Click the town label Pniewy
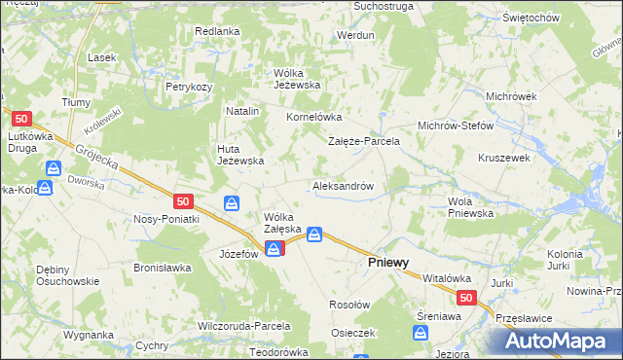click(x=386, y=263)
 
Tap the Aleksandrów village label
click(x=343, y=185)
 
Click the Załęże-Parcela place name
click(x=363, y=141)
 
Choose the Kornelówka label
click(x=311, y=117)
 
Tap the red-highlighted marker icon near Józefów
click(x=275, y=250)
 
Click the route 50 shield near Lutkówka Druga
click(x=24, y=118)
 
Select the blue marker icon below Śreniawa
click(x=421, y=334)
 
